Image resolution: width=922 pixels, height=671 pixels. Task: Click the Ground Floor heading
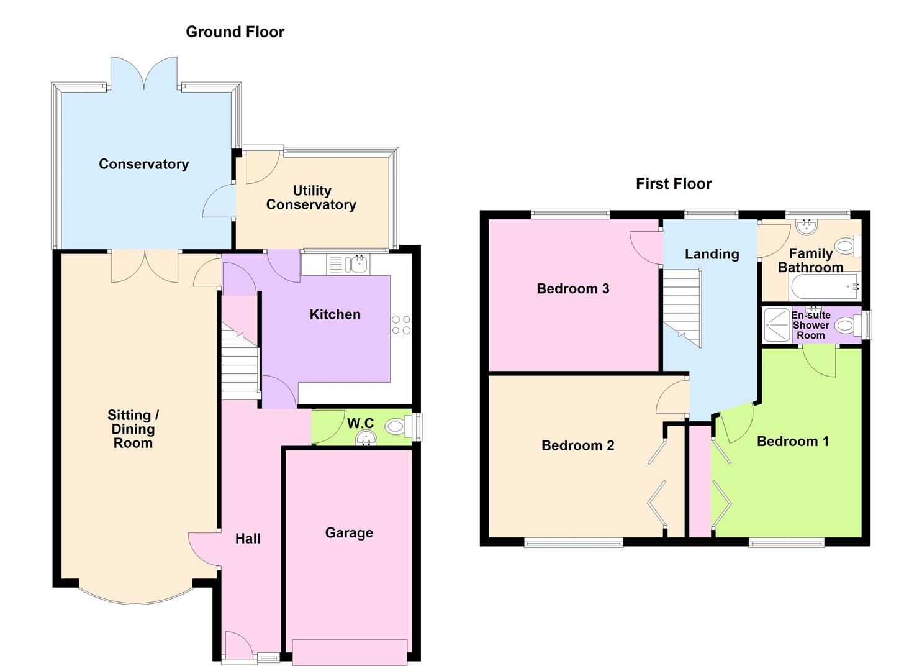235,32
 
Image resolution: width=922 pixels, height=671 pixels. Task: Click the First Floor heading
674,184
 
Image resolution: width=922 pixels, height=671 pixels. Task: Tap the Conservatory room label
143,164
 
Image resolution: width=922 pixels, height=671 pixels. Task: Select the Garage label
349,533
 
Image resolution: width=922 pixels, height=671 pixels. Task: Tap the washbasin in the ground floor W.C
366,440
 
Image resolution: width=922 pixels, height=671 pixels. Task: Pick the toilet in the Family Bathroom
847,247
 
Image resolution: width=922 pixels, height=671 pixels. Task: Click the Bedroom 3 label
572,289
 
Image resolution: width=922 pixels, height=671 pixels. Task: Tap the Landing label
712,254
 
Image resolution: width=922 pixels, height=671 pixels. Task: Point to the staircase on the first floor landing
682,308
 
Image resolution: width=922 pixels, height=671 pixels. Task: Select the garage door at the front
350,652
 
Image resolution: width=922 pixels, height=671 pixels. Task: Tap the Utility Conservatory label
311,198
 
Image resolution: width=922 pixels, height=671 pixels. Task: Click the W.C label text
360,424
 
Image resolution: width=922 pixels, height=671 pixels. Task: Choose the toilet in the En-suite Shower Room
847,325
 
